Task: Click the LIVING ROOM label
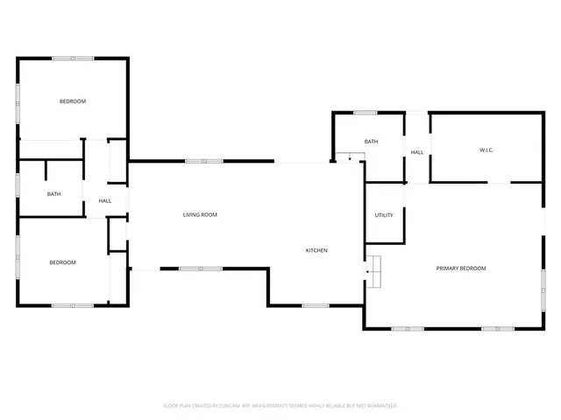[200, 214]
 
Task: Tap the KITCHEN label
[316, 251]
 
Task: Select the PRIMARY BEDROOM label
[461, 268]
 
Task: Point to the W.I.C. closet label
[486, 150]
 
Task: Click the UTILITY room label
[384, 214]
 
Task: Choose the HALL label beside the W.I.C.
[417, 152]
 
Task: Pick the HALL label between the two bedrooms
[105, 201]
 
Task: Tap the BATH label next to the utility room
[372, 142]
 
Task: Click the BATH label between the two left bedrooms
[54, 194]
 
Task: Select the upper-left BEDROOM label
[73, 101]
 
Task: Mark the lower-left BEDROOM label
[62, 262]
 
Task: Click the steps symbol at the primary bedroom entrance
[375, 271]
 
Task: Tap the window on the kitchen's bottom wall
[315, 305]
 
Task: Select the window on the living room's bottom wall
[201, 268]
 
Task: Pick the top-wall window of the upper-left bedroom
[73, 59]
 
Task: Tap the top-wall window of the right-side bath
[365, 112]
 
